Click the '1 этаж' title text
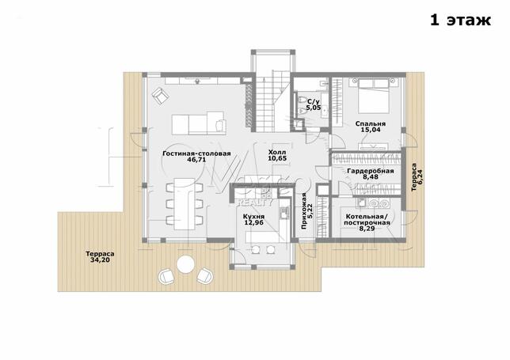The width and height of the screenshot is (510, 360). pyautogui.click(x=460, y=20)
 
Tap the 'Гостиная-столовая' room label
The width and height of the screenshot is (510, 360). pyautogui.click(x=196, y=153)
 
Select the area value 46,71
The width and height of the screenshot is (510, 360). pyautogui.click(x=196, y=160)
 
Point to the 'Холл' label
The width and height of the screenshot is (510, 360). pyautogui.click(x=277, y=153)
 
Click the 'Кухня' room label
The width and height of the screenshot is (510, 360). pyautogui.click(x=253, y=217)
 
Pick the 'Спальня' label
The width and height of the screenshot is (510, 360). pyautogui.click(x=371, y=123)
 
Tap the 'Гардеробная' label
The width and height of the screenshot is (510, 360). pyautogui.click(x=371, y=171)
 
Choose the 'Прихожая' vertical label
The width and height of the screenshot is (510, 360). pyautogui.click(x=304, y=211)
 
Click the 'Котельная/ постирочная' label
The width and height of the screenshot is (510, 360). pyautogui.click(x=367, y=220)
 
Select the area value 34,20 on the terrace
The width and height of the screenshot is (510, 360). pyautogui.click(x=100, y=260)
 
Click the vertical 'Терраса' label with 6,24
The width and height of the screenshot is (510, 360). pyautogui.click(x=413, y=177)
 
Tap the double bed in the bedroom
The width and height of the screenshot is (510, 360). pyautogui.click(x=374, y=95)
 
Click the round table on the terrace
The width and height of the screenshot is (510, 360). pyautogui.click(x=186, y=263)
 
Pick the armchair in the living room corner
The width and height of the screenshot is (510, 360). pyautogui.click(x=160, y=96)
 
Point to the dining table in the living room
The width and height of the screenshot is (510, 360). pyautogui.click(x=185, y=203)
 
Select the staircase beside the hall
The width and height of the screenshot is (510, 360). pyautogui.click(x=272, y=101)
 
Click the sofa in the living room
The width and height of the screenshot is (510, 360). pyautogui.click(x=199, y=123)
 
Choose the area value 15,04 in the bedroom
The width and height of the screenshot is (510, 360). pyautogui.click(x=371, y=130)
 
